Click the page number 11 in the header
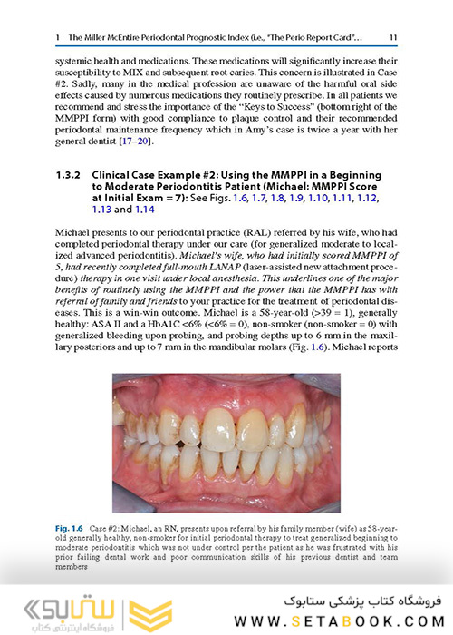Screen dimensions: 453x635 pos(391,37)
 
